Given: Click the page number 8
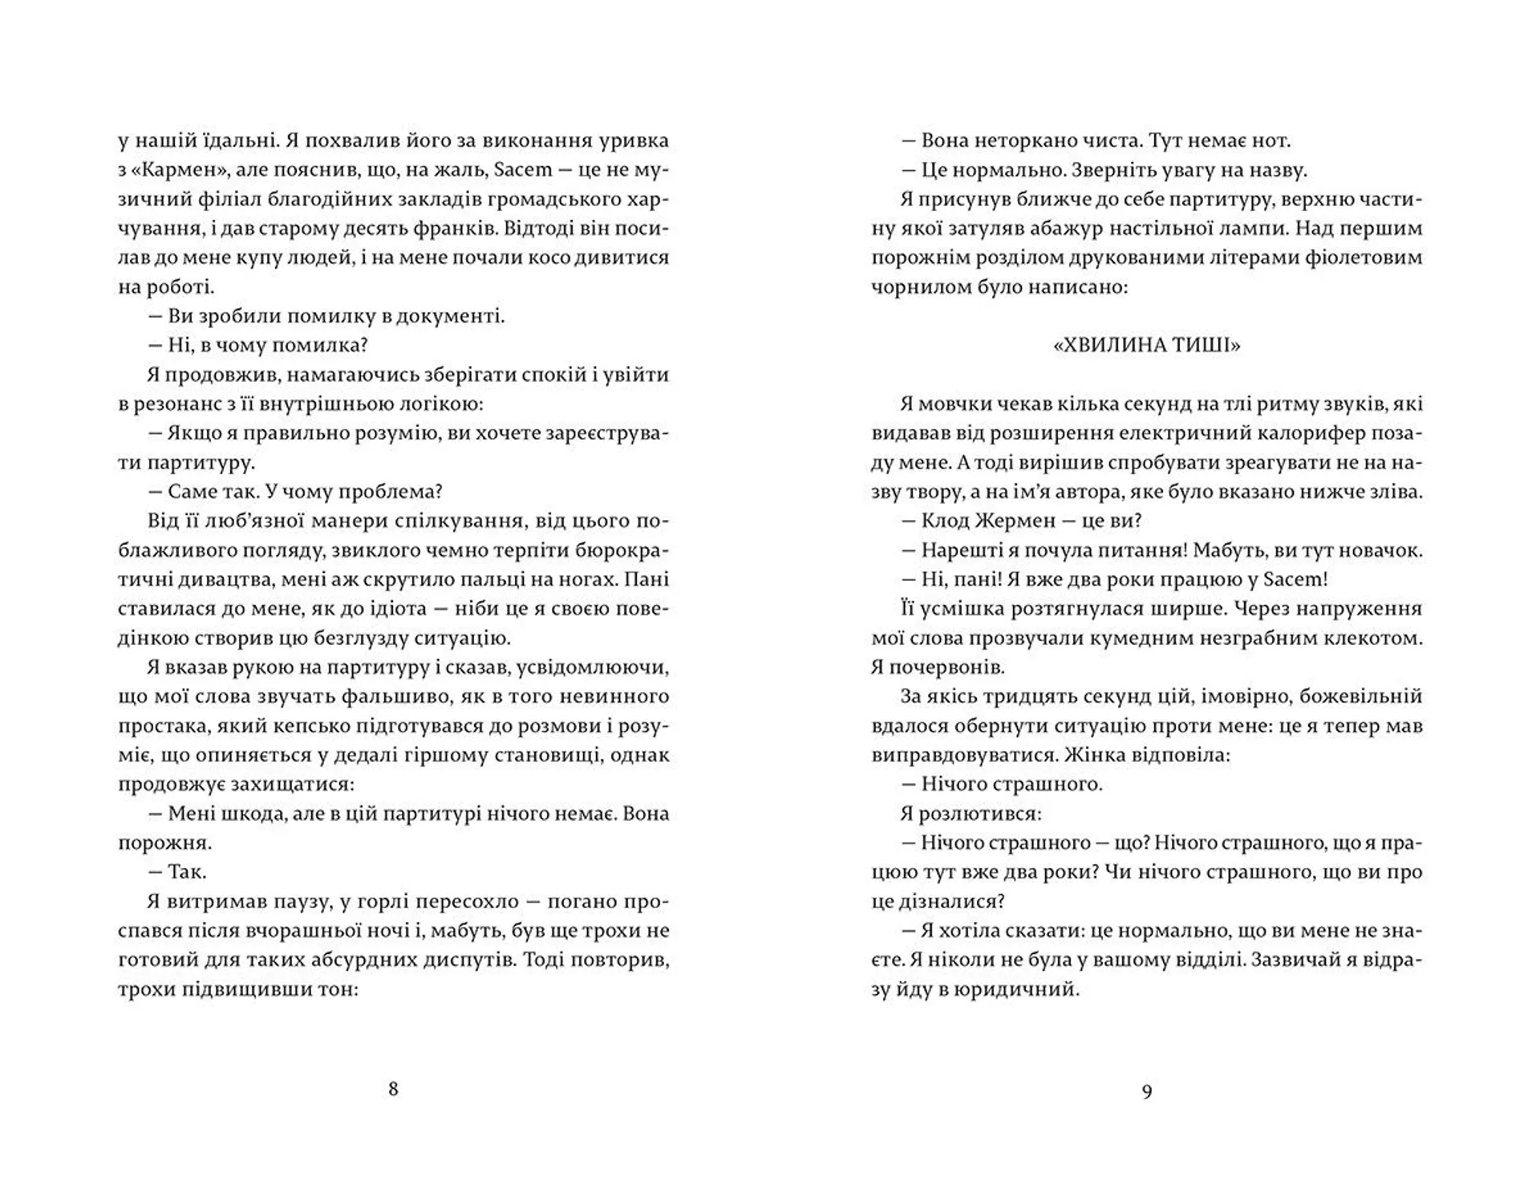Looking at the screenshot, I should pyautogui.click(x=393, y=1089).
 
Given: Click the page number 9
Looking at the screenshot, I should pyautogui.click(x=1146, y=1091).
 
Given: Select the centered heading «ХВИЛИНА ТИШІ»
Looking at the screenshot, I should pyautogui.click(x=1146, y=345).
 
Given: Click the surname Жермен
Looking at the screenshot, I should pyautogui.click(x=1017, y=521).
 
